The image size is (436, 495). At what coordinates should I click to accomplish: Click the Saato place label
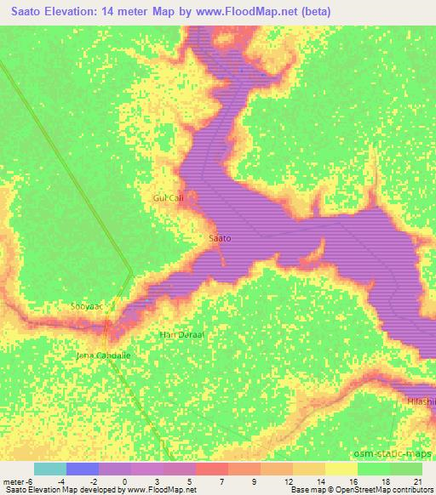coord(221,239)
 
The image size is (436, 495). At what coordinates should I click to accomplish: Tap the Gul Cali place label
coord(168,198)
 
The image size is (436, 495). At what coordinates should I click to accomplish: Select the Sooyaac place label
coord(86,304)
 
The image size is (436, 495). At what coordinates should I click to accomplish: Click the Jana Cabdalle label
coord(104,356)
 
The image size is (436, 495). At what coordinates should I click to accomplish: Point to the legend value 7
coord(221,481)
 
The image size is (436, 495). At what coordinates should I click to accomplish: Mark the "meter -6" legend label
coord(18,481)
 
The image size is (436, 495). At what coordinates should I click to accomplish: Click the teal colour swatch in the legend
coord(49,469)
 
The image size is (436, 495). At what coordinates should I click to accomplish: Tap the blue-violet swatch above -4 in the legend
coord(82,469)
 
